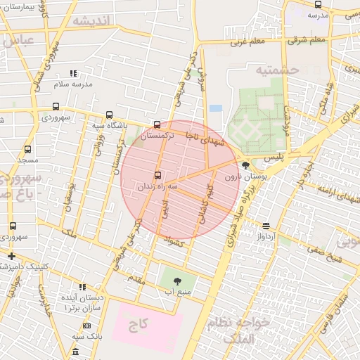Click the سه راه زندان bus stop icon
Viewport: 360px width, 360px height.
156,175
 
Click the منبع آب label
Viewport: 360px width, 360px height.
177,290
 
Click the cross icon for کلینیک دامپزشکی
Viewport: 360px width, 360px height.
12,255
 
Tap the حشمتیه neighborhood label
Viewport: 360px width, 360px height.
278,70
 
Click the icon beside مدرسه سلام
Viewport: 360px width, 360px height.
72,73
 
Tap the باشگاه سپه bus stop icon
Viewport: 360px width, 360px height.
108,115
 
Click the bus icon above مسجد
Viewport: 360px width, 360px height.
27,150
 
